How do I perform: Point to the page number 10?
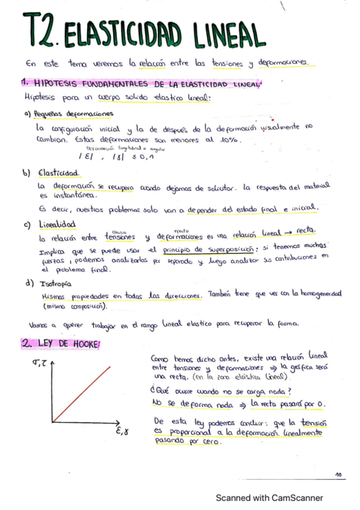pyautogui.click(x=338, y=475)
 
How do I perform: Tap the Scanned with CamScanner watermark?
pyautogui.click(x=269, y=498)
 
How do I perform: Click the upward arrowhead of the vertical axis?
pyautogui.click(x=53, y=363)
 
